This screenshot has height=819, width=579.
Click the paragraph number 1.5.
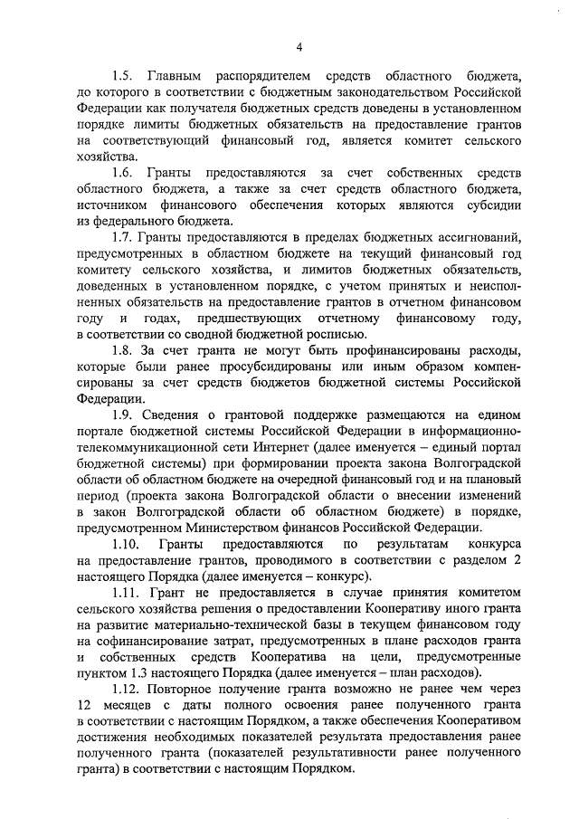pos(121,75)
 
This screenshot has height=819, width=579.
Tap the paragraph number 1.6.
pos(121,172)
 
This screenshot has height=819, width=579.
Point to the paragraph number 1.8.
pos(121,350)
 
